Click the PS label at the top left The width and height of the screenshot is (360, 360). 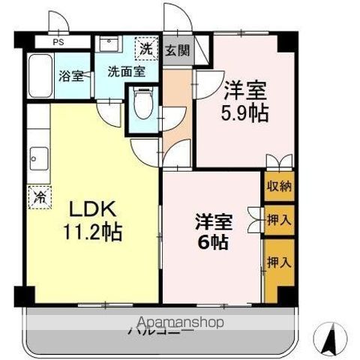click(x=58, y=43)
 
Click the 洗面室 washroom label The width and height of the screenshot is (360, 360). click(x=122, y=72)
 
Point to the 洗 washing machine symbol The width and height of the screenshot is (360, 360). click(x=146, y=49)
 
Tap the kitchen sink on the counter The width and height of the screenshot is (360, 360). click(x=37, y=159)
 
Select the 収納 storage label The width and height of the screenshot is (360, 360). click(x=279, y=187)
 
